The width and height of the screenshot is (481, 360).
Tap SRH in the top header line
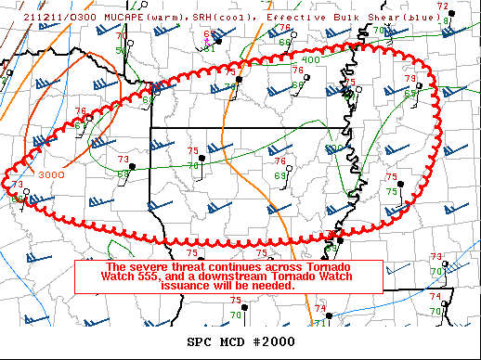175,6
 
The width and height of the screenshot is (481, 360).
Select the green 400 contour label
311,59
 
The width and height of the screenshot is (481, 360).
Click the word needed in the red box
275,286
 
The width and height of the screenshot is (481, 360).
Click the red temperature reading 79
409,79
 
